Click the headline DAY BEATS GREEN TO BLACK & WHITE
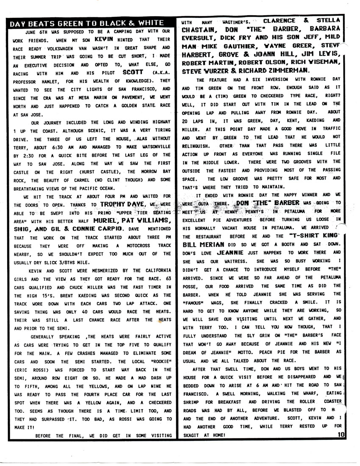click(87, 23)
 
